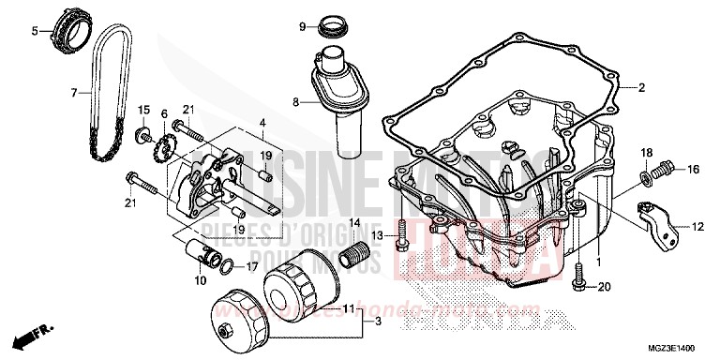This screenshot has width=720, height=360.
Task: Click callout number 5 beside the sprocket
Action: click(x=35, y=31)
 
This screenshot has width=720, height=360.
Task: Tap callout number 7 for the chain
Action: click(x=73, y=93)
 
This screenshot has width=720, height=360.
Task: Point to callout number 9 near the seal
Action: click(x=303, y=26)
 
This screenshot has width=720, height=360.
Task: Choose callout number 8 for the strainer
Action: click(x=294, y=101)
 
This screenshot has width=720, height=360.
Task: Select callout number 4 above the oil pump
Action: click(x=263, y=122)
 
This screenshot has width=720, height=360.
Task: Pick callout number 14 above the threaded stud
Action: click(x=354, y=221)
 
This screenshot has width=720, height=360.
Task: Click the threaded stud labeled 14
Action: click(x=355, y=253)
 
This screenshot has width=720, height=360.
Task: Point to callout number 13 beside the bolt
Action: click(x=375, y=234)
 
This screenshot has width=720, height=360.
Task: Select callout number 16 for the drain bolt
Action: click(x=693, y=170)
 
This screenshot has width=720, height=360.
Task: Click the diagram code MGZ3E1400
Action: click(x=678, y=345)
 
